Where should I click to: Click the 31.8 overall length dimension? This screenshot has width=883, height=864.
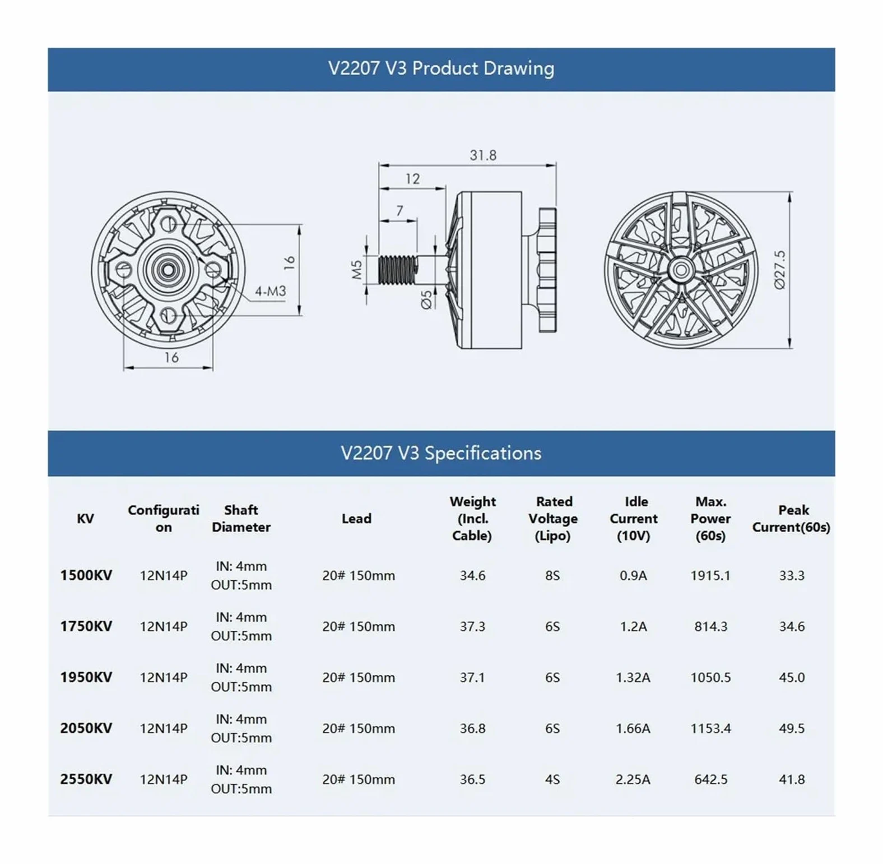coord(483,155)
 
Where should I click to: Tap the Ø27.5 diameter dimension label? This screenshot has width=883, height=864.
coord(779,270)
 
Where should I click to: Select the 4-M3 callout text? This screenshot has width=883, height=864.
coord(271,291)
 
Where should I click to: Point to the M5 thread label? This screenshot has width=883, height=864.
coord(357,270)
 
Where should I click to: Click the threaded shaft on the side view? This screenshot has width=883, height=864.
coord(398,270)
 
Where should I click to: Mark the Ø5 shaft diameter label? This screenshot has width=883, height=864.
coord(426,300)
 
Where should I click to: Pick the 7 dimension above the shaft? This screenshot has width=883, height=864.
coord(399,211)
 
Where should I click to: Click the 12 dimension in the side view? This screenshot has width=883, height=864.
coord(412,179)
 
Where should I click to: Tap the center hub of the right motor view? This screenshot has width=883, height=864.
coord(681,270)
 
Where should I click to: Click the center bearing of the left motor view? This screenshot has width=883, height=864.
coord(166,270)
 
